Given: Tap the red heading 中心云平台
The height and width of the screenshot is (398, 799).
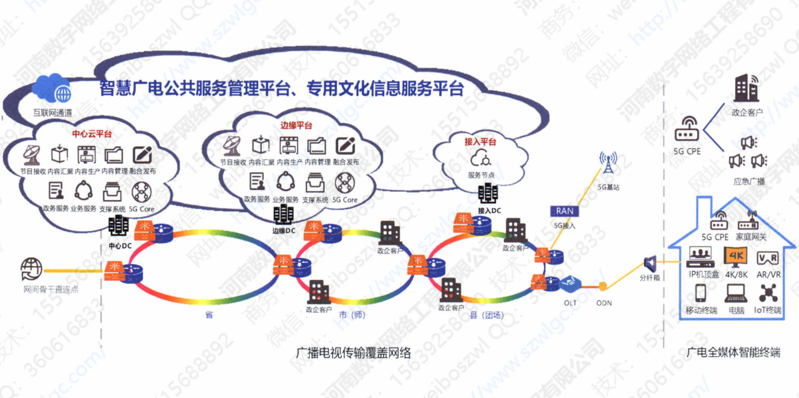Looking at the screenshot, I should click(92, 133).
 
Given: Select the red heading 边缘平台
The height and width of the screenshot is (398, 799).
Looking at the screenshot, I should click(296, 126).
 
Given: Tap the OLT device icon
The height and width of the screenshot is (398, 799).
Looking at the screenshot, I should click(570, 285).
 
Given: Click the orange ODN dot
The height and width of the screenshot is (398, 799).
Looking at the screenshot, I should click(603, 287).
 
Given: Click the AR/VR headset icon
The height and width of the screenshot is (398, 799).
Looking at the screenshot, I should click(767, 258).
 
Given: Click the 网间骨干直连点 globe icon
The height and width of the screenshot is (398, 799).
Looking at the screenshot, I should click(32, 270).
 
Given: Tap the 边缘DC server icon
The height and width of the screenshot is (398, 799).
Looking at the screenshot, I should click(284, 214).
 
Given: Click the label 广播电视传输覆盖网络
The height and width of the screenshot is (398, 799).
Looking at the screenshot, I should click(353, 353).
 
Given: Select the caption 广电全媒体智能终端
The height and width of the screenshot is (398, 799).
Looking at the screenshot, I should click(732, 353).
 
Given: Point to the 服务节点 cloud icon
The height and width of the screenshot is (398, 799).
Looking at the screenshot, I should click(482, 158).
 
